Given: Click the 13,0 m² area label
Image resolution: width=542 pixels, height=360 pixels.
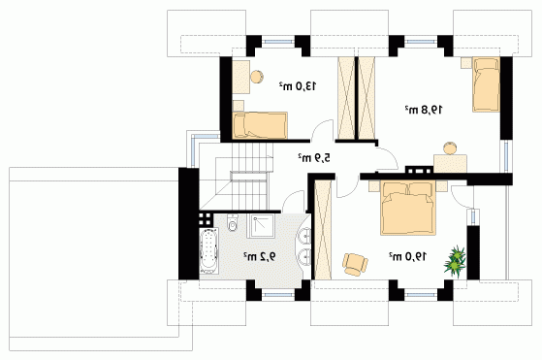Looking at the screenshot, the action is (x=298, y=85).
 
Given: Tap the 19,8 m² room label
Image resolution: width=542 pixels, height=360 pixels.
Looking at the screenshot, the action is (x=424, y=110).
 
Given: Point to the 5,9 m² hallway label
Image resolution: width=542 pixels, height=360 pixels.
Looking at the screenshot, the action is (x=314, y=158).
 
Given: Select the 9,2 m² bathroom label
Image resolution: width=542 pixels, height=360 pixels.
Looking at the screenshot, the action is (x=260, y=256).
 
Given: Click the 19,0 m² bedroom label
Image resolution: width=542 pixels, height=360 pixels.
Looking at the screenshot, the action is (x=407, y=256).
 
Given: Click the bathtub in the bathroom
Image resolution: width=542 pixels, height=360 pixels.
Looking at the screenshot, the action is (x=209, y=250).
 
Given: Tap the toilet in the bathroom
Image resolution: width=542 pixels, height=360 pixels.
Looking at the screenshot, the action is (x=233, y=222).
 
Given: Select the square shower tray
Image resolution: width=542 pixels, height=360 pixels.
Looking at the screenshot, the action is (x=260, y=226).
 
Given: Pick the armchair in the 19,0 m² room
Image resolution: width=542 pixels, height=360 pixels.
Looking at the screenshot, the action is (x=355, y=264).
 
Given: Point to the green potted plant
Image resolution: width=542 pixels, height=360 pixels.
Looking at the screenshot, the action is (x=456, y=260).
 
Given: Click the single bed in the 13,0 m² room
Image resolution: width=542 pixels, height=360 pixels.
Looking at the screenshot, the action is (x=260, y=125).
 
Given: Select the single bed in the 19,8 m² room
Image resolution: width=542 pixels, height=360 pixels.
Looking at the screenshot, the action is (x=486, y=84).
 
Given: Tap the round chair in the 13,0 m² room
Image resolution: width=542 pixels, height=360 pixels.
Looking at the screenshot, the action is (x=257, y=77).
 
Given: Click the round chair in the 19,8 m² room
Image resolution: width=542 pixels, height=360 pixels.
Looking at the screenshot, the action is (x=450, y=148).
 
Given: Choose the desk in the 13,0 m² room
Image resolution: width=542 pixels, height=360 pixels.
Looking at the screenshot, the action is (x=240, y=77).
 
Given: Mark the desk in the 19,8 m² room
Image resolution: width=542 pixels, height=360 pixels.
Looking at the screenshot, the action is (x=451, y=164).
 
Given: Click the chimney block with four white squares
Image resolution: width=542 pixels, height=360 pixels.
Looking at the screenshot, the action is (x=206, y=219).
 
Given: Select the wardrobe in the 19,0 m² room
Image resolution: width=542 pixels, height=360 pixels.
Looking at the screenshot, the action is (x=323, y=230).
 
